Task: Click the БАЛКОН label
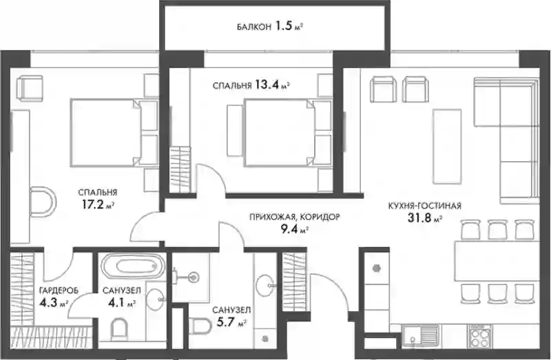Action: [x=253, y=27]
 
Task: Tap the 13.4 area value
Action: [x=267, y=85]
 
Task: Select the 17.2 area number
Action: [x=94, y=204]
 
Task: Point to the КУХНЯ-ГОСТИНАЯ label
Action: [x=424, y=206]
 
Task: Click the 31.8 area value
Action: [x=419, y=218]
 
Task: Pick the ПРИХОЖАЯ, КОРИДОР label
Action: [x=295, y=218]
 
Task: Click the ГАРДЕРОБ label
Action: [x=59, y=290]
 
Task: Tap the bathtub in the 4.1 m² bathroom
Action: [x=133, y=266]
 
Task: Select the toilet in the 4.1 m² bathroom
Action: [x=119, y=330]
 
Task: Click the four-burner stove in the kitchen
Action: [x=479, y=337]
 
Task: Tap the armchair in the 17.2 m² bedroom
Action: [x=30, y=89]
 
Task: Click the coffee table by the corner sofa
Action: [x=447, y=146]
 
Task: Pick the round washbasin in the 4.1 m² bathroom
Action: [x=155, y=299]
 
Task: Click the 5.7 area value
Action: [x=225, y=322]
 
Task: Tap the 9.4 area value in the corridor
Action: [x=288, y=229]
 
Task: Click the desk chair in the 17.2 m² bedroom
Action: [x=43, y=202]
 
